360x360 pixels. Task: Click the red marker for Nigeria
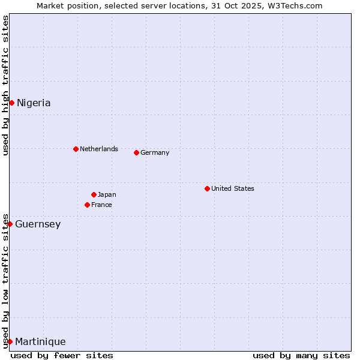click(11, 103)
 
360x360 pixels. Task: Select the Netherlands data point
click(76, 149)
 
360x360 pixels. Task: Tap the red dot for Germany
click(136, 152)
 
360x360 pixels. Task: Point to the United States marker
click(207, 188)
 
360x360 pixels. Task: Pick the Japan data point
click(94, 194)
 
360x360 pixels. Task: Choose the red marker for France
click(87, 205)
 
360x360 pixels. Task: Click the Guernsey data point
click(10, 224)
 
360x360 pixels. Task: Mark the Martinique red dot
click(10, 341)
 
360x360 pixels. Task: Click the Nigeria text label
click(34, 103)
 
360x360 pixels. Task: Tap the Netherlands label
click(98, 149)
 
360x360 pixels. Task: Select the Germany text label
click(155, 152)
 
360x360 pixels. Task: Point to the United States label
click(232, 188)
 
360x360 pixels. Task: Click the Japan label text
click(107, 194)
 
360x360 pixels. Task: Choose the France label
click(101, 205)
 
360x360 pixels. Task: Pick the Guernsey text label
click(38, 224)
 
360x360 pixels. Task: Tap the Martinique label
click(40, 341)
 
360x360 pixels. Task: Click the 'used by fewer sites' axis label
click(62, 355)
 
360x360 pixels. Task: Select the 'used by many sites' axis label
click(301, 355)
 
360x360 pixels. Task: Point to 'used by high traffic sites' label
click(5, 85)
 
